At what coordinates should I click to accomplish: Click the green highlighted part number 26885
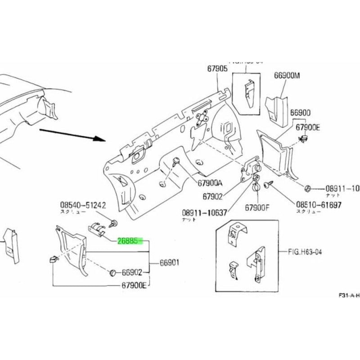(130, 241)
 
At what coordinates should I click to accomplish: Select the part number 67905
(218, 69)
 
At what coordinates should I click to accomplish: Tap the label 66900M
(286, 76)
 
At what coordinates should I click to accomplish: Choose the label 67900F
(257, 208)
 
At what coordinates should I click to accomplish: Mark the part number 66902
(132, 272)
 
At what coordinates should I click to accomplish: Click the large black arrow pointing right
(72, 134)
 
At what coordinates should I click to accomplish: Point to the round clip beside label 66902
(113, 273)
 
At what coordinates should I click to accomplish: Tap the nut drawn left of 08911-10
(308, 188)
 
